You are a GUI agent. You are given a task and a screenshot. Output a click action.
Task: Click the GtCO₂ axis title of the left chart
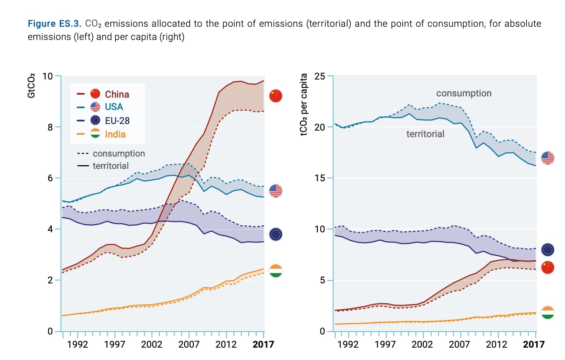coord(31,87)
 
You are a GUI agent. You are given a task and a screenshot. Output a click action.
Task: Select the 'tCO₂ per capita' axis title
coord(304,105)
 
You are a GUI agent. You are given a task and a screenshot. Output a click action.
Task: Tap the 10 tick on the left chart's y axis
coord(48,76)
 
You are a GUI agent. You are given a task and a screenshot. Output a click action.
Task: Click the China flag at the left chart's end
coord(275,96)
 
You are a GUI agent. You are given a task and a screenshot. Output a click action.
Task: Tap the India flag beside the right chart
coord(548,312)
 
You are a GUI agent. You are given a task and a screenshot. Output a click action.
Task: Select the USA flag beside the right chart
coord(548,158)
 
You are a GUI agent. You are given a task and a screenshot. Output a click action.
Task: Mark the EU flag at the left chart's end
coord(275,234)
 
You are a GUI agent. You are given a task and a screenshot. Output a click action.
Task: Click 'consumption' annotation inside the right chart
coord(464,94)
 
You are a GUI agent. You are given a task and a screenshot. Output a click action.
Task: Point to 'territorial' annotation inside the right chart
coord(425,134)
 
